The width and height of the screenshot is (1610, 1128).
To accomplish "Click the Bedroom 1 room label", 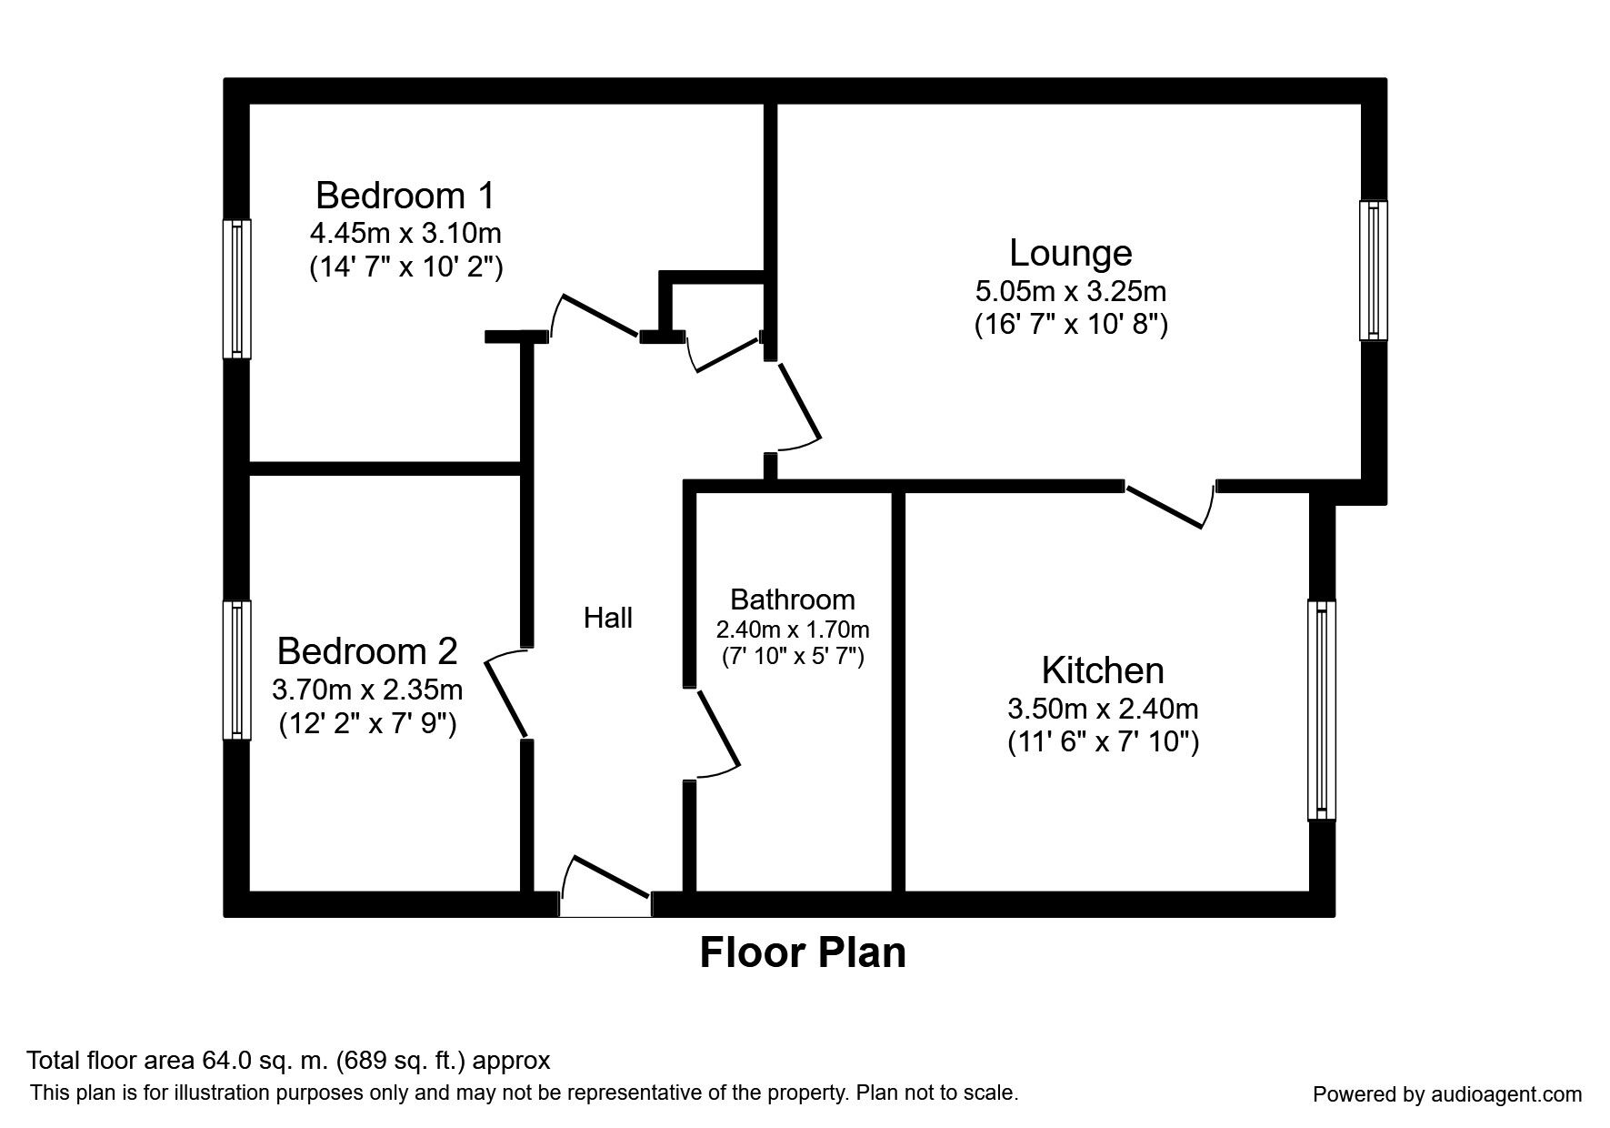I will [405, 196].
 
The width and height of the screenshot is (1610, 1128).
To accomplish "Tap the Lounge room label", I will [1070, 253].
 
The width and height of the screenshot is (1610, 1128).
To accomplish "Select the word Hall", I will [607, 619].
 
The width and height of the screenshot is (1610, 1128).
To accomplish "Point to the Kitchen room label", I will [1102, 670].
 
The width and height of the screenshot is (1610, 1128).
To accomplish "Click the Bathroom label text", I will [792, 599].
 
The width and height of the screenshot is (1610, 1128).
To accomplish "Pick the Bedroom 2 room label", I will [367, 651].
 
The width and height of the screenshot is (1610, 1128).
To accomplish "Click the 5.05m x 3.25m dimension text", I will [1070, 292].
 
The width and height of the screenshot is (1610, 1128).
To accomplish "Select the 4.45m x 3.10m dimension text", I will [405, 234].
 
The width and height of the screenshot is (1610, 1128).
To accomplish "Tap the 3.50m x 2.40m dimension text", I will [1102, 708].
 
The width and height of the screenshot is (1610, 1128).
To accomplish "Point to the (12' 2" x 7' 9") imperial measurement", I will [367, 724].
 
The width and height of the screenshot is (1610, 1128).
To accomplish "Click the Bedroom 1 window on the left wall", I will [236, 288].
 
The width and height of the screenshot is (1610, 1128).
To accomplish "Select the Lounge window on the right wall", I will [1373, 270].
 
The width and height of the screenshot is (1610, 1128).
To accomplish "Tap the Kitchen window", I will [1321, 710].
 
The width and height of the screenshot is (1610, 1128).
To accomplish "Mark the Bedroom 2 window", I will [236, 670].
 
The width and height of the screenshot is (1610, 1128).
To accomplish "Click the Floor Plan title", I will [803, 953].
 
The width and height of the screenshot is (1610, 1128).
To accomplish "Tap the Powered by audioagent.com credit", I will [1447, 1094].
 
